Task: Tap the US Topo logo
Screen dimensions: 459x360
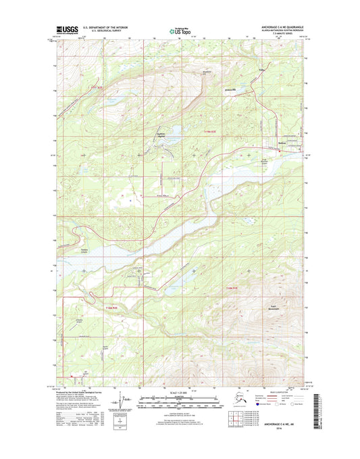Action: pos(180,31)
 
